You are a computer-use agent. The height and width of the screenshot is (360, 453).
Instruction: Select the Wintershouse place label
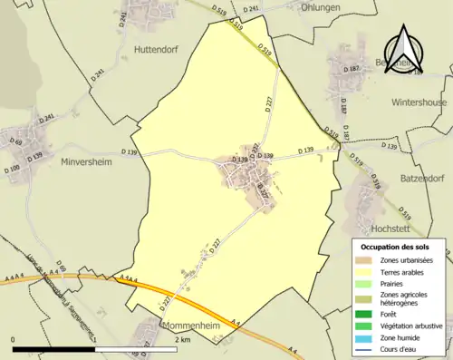point(418,102)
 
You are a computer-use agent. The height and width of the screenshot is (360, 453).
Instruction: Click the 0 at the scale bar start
point(14,338)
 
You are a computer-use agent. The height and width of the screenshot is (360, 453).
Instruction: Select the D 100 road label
point(13,169)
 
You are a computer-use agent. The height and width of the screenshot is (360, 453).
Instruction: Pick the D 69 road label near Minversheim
point(15,141)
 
